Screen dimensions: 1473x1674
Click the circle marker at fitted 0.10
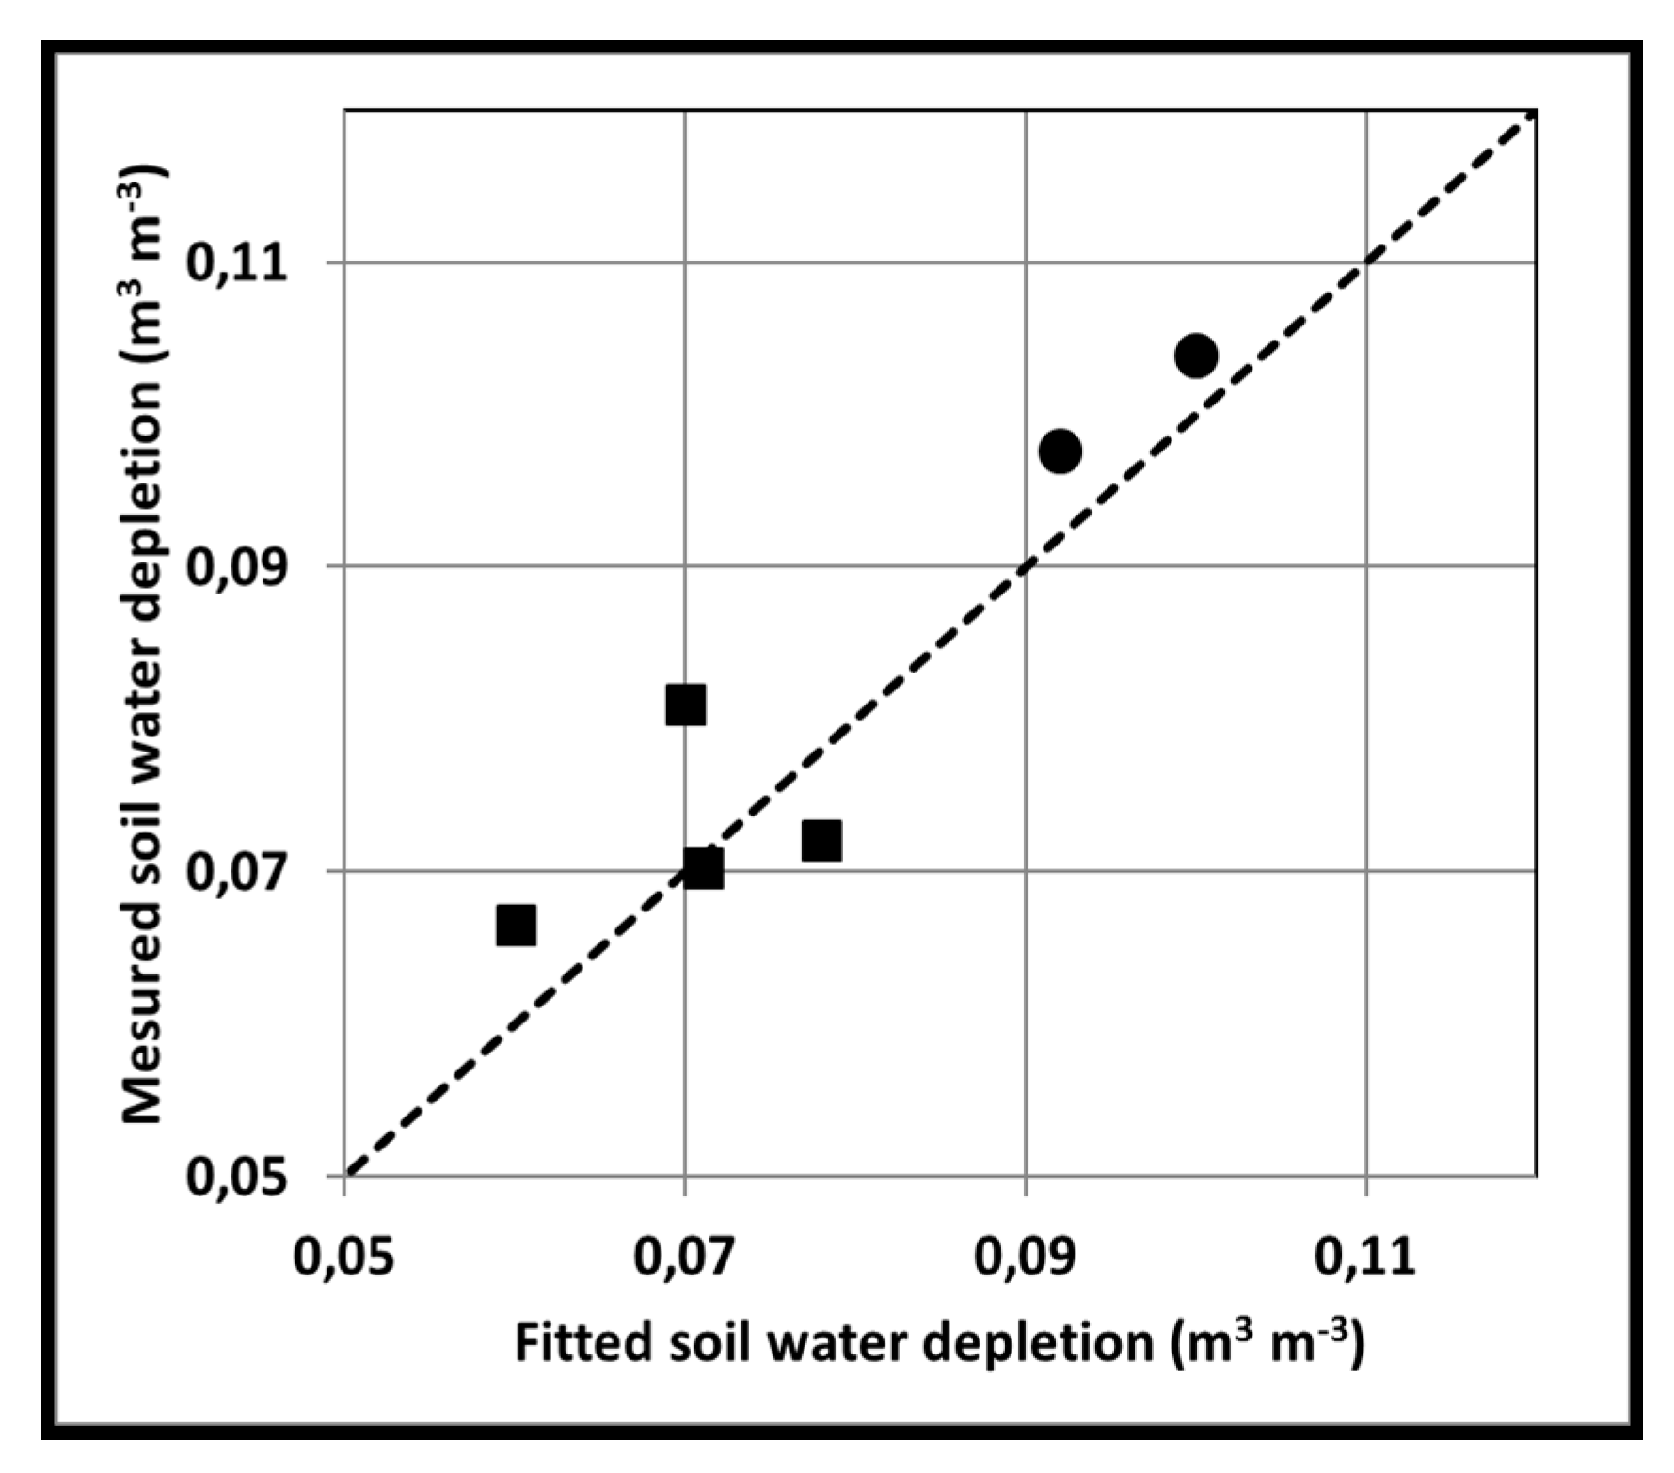coord(1195,355)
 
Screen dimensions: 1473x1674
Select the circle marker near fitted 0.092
coord(1060,451)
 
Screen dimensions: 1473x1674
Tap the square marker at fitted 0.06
coord(516,926)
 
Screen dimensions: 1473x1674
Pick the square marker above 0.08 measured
coord(685,705)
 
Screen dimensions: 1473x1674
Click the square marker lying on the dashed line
coord(702,868)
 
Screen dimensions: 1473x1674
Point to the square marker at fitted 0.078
coord(821,840)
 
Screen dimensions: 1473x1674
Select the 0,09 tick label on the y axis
coord(235,567)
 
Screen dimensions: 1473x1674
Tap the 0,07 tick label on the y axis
coord(235,872)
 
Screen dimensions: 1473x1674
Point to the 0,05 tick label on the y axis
coord(235,1177)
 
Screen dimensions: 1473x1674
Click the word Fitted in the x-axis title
coord(582,1342)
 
